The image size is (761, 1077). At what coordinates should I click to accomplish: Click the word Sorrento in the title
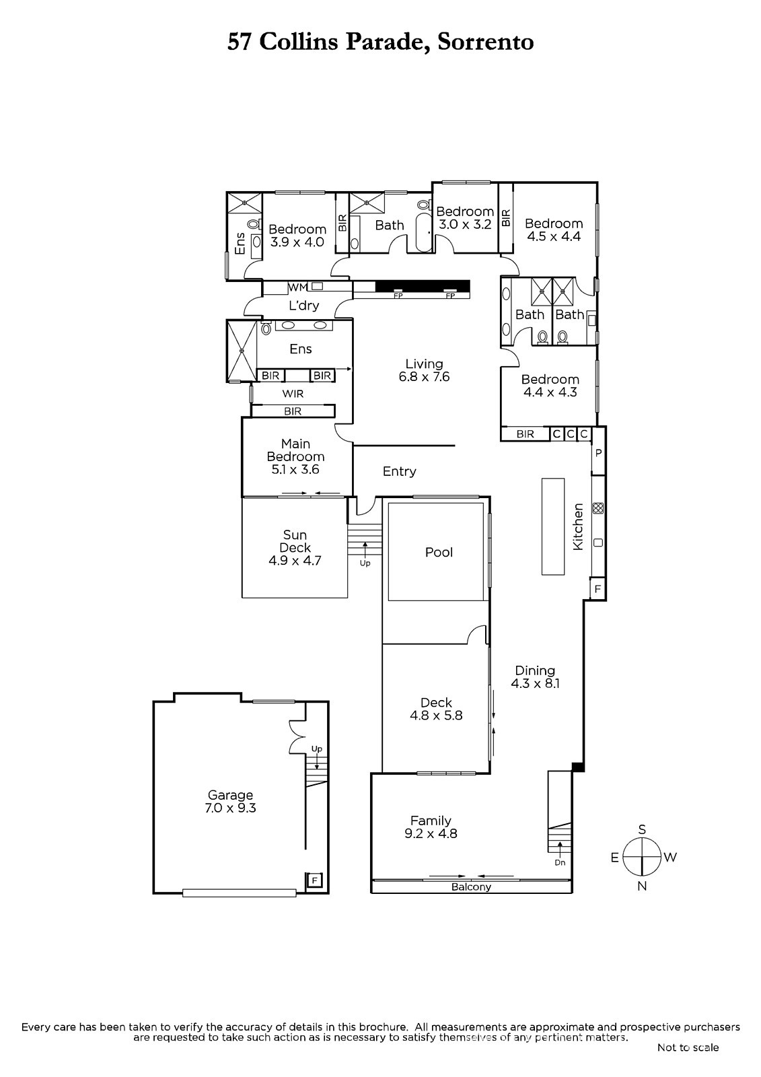tap(486, 42)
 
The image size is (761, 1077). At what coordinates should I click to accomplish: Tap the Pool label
tap(439, 552)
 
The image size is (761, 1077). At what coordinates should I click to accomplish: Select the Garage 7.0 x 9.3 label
tap(230, 802)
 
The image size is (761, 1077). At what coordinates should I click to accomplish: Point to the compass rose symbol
tap(642, 857)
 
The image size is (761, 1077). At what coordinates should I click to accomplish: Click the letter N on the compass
tap(642, 886)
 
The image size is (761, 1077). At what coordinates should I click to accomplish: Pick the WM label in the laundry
tap(297, 287)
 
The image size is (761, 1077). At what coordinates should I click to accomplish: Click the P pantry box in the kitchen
tap(599, 452)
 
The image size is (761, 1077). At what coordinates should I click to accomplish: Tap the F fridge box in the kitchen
tap(598, 589)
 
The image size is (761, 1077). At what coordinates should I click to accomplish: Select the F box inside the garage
tap(315, 881)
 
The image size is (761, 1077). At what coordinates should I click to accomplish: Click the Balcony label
tap(471, 887)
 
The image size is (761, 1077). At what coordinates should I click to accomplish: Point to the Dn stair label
tap(560, 862)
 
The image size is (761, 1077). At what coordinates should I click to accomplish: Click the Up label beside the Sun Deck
tap(365, 563)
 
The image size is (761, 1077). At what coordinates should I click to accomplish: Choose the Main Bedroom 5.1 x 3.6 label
tap(295, 457)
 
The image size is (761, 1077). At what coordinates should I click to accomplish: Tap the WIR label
tap(293, 394)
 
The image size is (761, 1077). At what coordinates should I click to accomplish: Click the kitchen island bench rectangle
tap(553, 526)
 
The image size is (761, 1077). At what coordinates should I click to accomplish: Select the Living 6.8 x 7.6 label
tap(424, 370)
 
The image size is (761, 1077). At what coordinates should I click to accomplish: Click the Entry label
tap(400, 471)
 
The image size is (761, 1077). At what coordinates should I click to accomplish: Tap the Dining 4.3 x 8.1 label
tap(535, 677)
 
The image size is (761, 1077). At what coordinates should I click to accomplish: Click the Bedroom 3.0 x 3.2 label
tap(465, 218)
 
